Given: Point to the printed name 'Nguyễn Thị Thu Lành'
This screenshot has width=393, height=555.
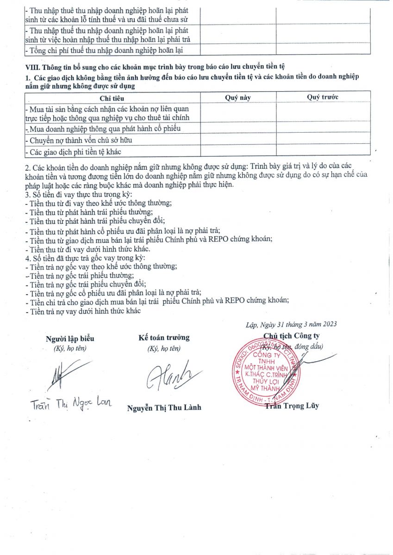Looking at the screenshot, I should pyautogui.click(x=164, y=407).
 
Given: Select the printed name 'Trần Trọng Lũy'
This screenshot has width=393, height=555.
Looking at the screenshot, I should pyautogui.click(x=292, y=406).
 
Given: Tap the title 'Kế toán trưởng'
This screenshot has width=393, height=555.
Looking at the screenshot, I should pyautogui.click(x=164, y=338).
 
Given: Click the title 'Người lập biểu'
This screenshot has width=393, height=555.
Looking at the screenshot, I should pyautogui.click(x=70, y=339).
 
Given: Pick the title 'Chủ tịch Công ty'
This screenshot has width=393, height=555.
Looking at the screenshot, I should pyautogui.click(x=291, y=336).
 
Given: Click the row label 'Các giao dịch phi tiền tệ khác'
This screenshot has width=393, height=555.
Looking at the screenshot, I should pyautogui.click(x=75, y=151).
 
